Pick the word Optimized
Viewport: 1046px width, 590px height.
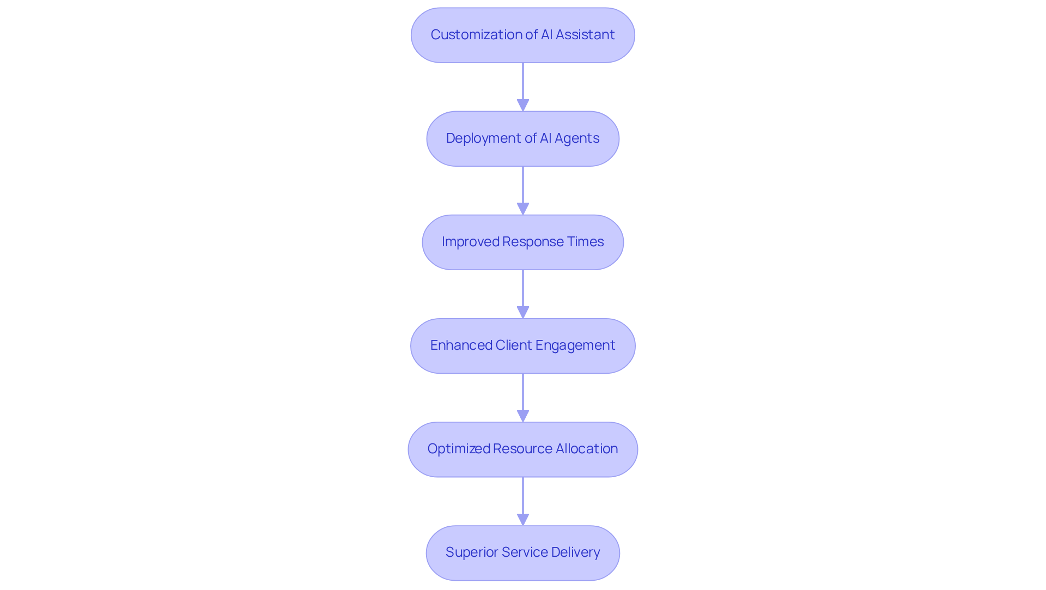coord(458,449)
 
